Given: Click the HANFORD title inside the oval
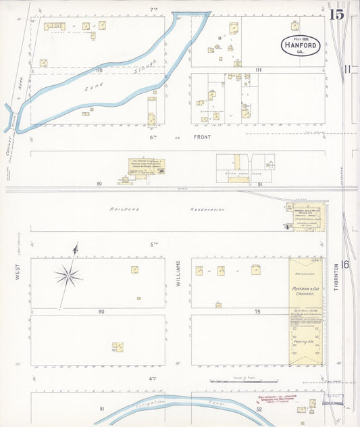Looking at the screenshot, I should pyautogui.click(x=300, y=46).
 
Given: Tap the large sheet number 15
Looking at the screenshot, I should pyautogui.click(x=336, y=14).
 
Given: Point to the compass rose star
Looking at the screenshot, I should pyautogui.click(x=68, y=274).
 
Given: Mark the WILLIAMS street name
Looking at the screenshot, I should pyautogui.click(x=178, y=273).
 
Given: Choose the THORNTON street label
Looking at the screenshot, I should pyautogui.click(x=335, y=278).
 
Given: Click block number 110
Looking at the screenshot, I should pyautogui.click(x=99, y=70).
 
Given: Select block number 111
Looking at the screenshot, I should pyautogui.click(x=258, y=70).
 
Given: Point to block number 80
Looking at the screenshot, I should pyautogui.click(x=101, y=311).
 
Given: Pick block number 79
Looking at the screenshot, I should pyautogui.click(x=257, y=311).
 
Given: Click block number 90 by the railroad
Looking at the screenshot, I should pyautogui.click(x=99, y=184).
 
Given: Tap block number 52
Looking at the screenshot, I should pyautogui.click(x=258, y=409).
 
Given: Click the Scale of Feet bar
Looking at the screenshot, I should pyautogui.click(x=244, y=382).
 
